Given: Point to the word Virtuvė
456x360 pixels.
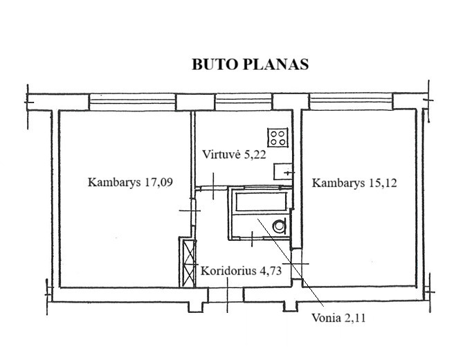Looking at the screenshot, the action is pyautogui.click(x=221, y=154).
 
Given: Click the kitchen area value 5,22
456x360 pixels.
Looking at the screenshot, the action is pyautogui.click(x=255, y=154).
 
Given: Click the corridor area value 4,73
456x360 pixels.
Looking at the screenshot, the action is pyautogui.click(x=271, y=271).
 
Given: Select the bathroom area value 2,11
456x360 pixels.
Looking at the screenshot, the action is pyautogui.click(x=355, y=318).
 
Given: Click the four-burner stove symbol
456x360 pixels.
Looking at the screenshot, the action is pyautogui.click(x=277, y=138).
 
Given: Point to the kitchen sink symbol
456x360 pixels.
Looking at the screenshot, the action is pyautogui.click(x=283, y=172).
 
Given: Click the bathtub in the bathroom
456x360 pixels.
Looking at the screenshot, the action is pyautogui.click(x=261, y=202).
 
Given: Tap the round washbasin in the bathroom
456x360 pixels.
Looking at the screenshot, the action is pyautogui.click(x=280, y=226).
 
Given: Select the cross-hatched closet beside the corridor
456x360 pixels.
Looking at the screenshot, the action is pyautogui.click(x=188, y=263).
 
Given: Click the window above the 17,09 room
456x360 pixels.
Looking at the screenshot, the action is pyautogui.click(x=132, y=102).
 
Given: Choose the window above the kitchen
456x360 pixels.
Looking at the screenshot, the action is pyautogui.click(x=244, y=102).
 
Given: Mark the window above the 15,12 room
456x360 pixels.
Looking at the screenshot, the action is pyautogui.click(x=351, y=102).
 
